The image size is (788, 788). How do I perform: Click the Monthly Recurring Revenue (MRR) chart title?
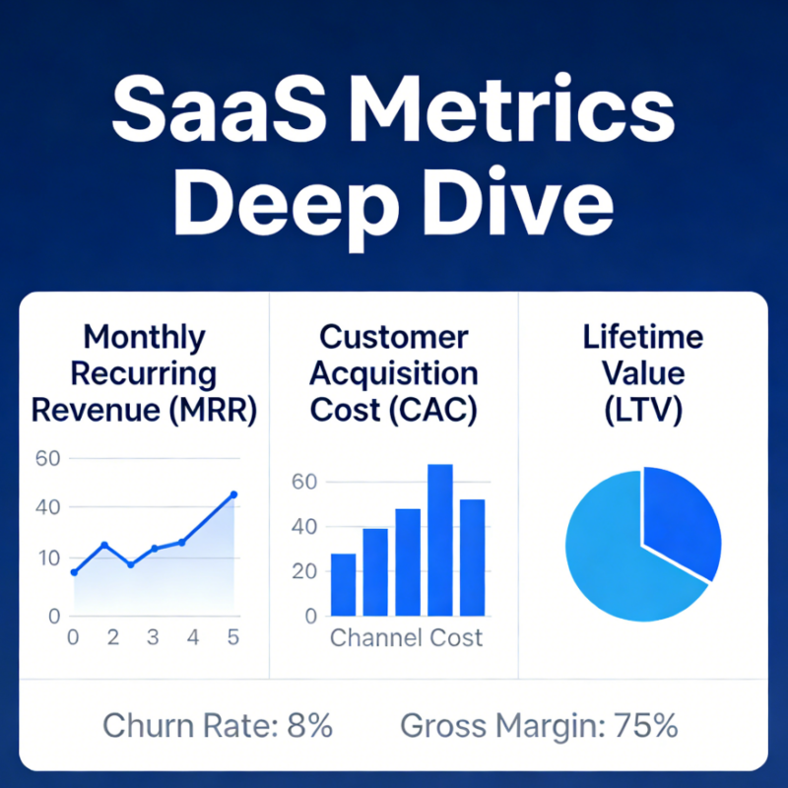coord(145,372)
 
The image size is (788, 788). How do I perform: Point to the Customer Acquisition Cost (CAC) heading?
coord(394,372)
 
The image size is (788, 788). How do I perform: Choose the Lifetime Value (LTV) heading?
coord(642,372)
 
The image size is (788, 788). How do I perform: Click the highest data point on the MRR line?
coord(233,494)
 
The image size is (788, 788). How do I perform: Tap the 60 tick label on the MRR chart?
coord(47,458)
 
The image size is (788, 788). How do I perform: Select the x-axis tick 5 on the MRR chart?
coord(233,637)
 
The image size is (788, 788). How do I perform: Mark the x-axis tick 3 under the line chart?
coord(153,637)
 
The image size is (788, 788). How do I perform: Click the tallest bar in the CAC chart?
coord(440,540)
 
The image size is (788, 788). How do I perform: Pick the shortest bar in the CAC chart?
coord(343,584)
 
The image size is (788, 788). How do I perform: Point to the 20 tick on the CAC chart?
coord(304,571)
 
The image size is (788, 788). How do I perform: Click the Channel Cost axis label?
coord(406,637)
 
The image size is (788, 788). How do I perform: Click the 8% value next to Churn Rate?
coord(310,727)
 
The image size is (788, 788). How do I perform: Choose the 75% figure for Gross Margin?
coord(646,727)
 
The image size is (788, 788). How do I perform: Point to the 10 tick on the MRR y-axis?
coord(47,558)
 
